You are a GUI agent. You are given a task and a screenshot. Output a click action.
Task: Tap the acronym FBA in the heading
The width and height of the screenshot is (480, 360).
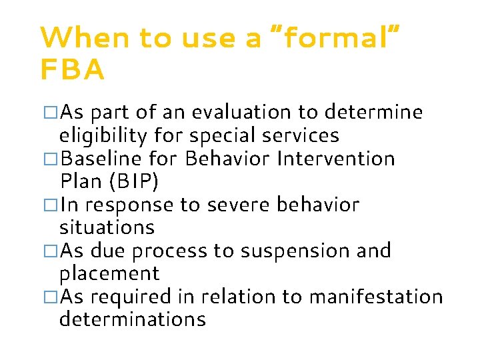(x=72, y=69)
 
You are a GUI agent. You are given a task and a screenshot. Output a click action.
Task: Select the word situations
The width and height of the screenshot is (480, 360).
(x=107, y=227)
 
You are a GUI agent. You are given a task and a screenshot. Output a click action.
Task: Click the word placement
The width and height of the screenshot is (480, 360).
(x=109, y=274)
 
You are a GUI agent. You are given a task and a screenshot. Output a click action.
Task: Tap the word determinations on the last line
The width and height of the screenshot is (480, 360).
(x=132, y=319)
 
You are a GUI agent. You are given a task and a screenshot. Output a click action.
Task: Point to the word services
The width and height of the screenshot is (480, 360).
(x=300, y=136)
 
